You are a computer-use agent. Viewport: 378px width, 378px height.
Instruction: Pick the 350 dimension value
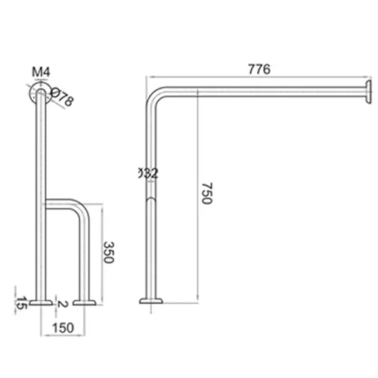108,252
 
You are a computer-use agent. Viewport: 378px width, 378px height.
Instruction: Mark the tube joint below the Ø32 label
151,198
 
